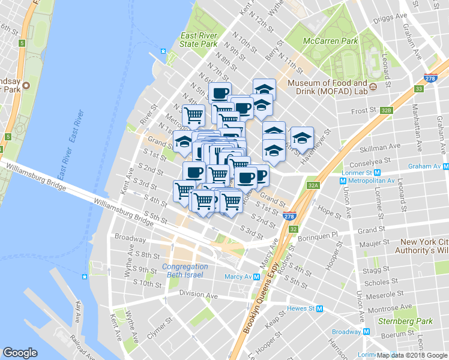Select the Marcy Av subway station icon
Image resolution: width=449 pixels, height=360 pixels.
256,277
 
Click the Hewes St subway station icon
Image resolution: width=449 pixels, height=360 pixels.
320,308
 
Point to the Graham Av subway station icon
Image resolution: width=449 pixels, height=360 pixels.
445,166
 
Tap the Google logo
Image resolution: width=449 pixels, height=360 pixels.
20,353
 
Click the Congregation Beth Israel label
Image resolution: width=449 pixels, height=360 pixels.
185,271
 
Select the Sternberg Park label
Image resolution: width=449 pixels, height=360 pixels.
409,321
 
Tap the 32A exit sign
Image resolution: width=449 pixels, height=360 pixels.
312,186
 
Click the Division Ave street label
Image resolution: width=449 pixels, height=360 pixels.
198,295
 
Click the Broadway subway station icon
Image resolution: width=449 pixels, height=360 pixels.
364,332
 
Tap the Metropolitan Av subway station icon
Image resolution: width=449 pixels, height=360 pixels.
343,181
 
